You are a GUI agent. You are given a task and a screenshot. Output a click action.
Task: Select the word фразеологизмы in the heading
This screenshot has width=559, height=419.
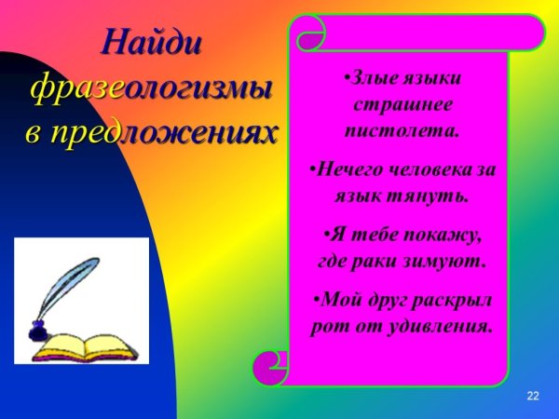pos(152,88)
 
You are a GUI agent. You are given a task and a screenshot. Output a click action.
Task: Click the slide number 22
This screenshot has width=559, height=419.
pos(533,397)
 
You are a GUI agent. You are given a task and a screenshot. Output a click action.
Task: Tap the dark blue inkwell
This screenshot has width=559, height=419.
pos(39,330)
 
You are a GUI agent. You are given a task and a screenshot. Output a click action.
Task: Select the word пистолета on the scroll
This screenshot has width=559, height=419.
pos(402,129)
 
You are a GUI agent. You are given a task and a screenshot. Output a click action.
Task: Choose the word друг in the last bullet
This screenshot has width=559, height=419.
pos(382,300)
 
